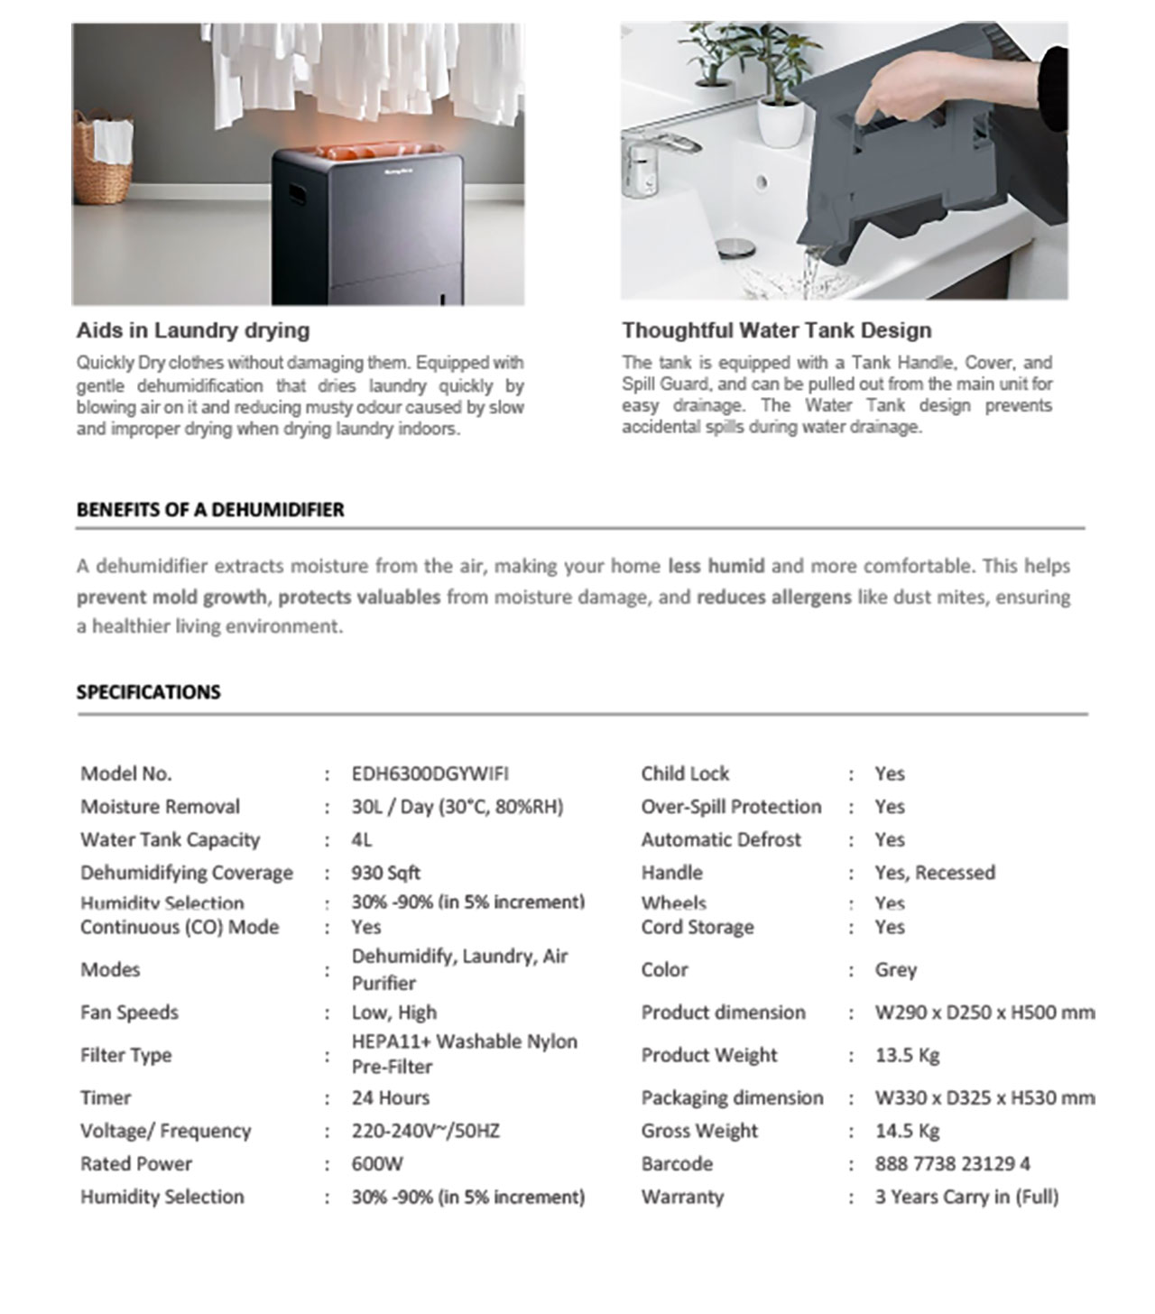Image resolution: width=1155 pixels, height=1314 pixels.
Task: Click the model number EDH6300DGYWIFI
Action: click(430, 773)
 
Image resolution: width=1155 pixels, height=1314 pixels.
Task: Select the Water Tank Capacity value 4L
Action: click(361, 839)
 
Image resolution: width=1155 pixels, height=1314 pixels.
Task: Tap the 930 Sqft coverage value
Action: click(385, 873)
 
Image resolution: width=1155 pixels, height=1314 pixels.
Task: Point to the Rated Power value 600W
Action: click(377, 1163)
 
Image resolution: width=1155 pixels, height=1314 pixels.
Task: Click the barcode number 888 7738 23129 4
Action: click(952, 1163)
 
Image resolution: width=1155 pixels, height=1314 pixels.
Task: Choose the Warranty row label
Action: click(682, 1197)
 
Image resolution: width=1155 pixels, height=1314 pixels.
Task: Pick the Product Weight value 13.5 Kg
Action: click(907, 1055)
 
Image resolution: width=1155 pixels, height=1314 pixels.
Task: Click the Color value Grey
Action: click(895, 970)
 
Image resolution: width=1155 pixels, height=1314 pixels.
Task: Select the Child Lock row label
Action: click(685, 773)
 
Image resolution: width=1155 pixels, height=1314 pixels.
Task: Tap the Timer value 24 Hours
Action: click(390, 1097)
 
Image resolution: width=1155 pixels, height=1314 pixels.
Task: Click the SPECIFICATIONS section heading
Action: click(149, 692)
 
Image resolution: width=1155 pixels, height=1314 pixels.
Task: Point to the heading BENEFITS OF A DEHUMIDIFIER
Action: click(210, 509)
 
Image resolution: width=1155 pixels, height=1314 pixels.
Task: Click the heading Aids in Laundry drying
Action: click(193, 330)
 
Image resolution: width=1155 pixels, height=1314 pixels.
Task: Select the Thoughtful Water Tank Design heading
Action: click(776, 330)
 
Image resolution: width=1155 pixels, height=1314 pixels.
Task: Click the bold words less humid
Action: click(716, 567)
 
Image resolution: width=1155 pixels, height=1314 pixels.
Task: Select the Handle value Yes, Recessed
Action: click(934, 873)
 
